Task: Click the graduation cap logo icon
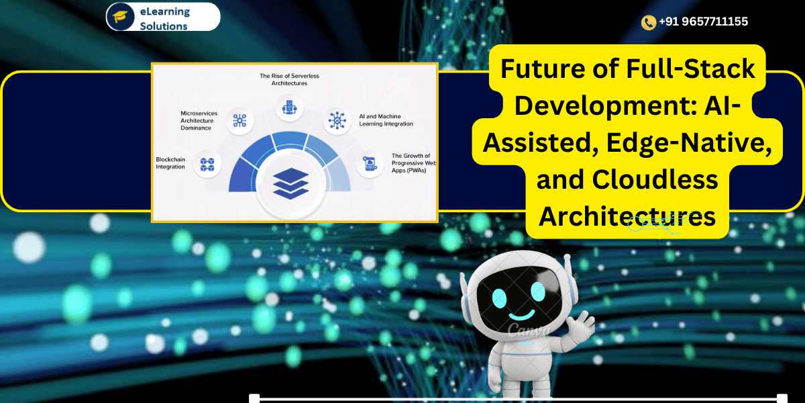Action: click(120, 17)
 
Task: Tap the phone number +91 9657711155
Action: click(703, 21)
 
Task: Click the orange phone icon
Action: click(648, 22)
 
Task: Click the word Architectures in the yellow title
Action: click(627, 216)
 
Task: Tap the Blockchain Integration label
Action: click(170, 163)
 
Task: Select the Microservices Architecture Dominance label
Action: click(199, 120)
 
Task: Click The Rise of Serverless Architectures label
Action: click(290, 80)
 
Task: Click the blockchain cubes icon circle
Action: click(207, 163)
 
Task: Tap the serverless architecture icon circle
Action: click(290, 107)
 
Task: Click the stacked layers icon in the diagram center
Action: click(291, 183)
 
